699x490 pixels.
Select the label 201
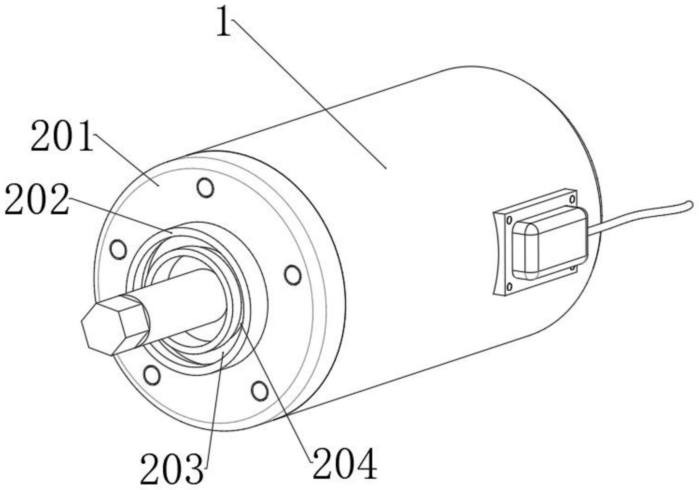point(63,136)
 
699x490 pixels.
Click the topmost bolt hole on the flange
point(205,187)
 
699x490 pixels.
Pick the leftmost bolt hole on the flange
point(118,249)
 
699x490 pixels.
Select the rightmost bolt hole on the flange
point(293,275)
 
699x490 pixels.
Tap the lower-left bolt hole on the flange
point(151,375)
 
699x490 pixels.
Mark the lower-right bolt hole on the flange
point(259,391)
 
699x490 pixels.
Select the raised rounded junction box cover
point(549,243)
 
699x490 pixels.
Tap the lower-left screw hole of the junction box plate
point(509,286)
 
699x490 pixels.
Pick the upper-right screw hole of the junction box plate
point(572,198)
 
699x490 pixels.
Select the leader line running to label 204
point(275,390)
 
